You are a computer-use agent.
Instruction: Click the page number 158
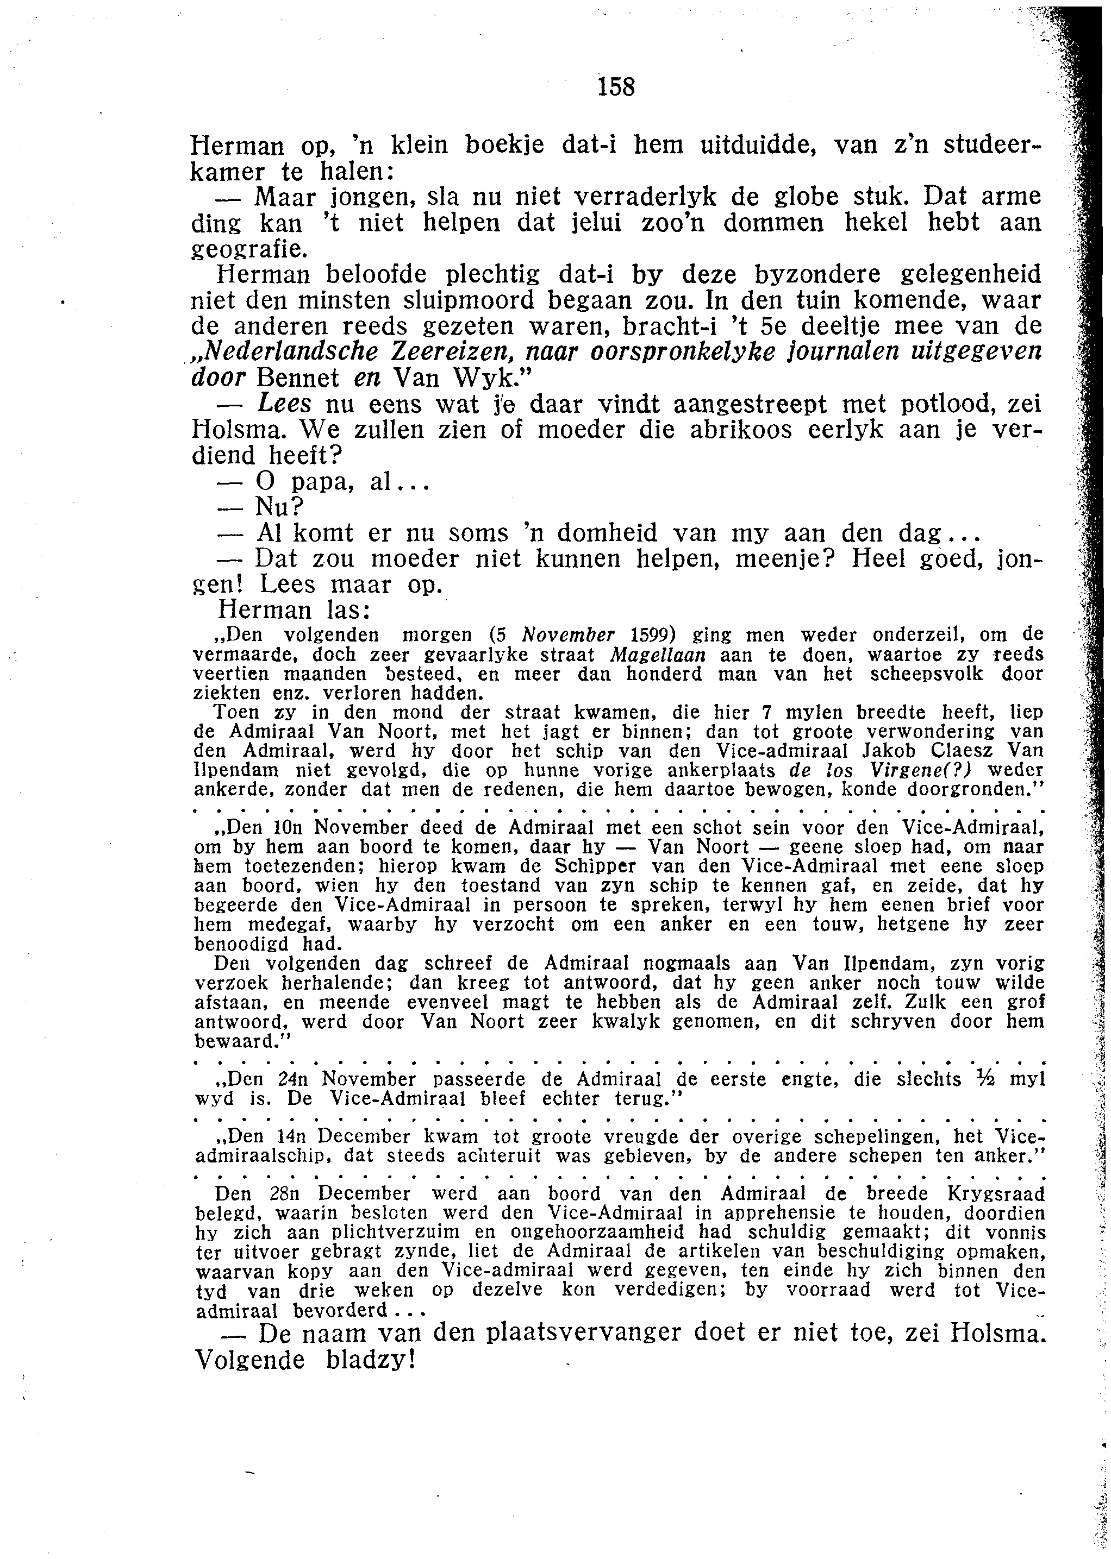pos(616,87)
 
